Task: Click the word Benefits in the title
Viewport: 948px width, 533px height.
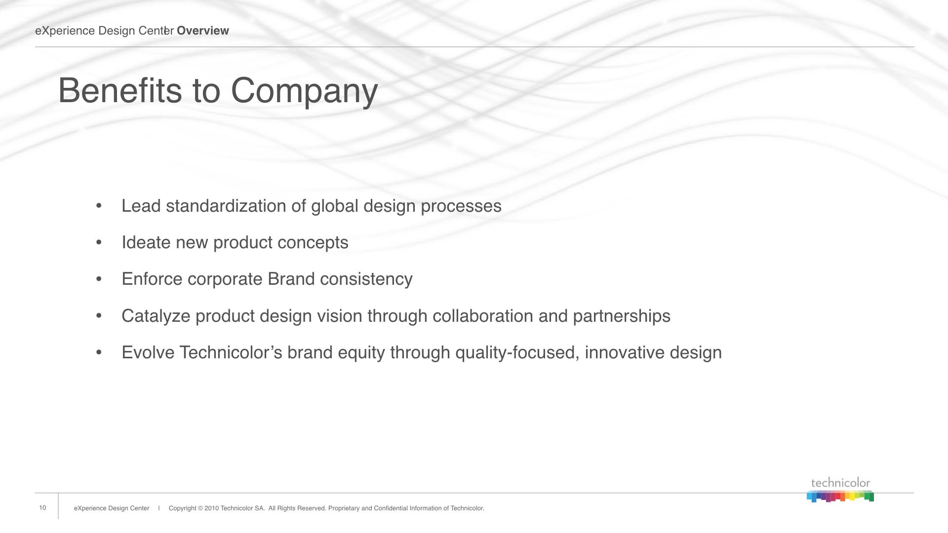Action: point(120,90)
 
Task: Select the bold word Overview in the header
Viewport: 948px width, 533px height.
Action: point(203,31)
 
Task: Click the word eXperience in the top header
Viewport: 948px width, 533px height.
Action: point(65,31)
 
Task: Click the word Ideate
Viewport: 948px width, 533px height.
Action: point(146,242)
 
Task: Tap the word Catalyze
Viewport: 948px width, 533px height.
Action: point(156,316)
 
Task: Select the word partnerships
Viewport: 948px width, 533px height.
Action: point(622,316)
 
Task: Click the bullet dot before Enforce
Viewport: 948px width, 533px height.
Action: point(99,279)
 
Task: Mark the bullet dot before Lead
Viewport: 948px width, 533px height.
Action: point(99,206)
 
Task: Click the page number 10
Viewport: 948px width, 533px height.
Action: point(42,508)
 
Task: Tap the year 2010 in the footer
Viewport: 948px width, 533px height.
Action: point(211,508)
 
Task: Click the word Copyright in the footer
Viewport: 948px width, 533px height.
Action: point(182,508)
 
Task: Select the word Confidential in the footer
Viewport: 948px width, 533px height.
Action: point(391,508)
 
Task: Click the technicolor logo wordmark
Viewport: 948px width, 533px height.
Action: point(840,483)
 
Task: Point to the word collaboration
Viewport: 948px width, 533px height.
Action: point(483,316)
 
